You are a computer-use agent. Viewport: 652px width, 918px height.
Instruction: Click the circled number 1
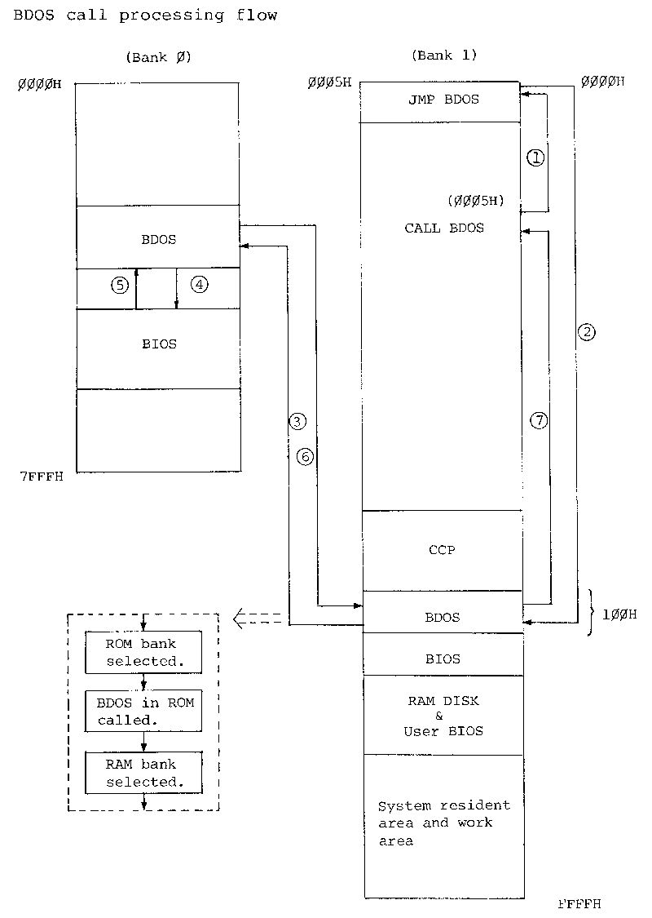click(x=535, y=158)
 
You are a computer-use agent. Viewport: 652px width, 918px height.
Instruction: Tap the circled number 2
click(x=585, y=332)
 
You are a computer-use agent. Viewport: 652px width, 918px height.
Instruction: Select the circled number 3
click(x=297, y=421)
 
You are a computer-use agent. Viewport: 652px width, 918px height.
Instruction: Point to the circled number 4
click(x=199, y=285)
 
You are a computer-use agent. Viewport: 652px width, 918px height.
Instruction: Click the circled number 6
click(x=304, y=457)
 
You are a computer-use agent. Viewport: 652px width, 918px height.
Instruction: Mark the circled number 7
click(x=539, y=420)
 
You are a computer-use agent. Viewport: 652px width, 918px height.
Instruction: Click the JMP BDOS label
click(x=443, y=100)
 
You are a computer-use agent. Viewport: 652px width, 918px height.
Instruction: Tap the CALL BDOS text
click(x=444, y=228)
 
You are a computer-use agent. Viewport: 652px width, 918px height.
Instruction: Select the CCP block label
click(x=442, y=550)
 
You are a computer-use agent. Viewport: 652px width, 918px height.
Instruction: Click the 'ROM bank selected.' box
click(x=143, y=652)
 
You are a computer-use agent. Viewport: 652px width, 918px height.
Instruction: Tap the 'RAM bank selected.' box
click(x=143, y=773)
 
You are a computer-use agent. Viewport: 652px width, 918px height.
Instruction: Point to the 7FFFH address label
click(x=40, y=476)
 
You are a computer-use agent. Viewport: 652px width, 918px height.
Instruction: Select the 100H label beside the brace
click(x=619, y=614)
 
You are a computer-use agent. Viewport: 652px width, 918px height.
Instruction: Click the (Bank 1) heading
click(x=444, y=56)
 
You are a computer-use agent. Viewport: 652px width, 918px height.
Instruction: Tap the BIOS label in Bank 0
click(x=158, y=344)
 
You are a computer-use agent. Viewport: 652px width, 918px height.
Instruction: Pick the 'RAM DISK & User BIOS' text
click(x=443, y=716)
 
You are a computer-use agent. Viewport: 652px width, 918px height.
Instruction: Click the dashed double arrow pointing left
click(x=256, y=620)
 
